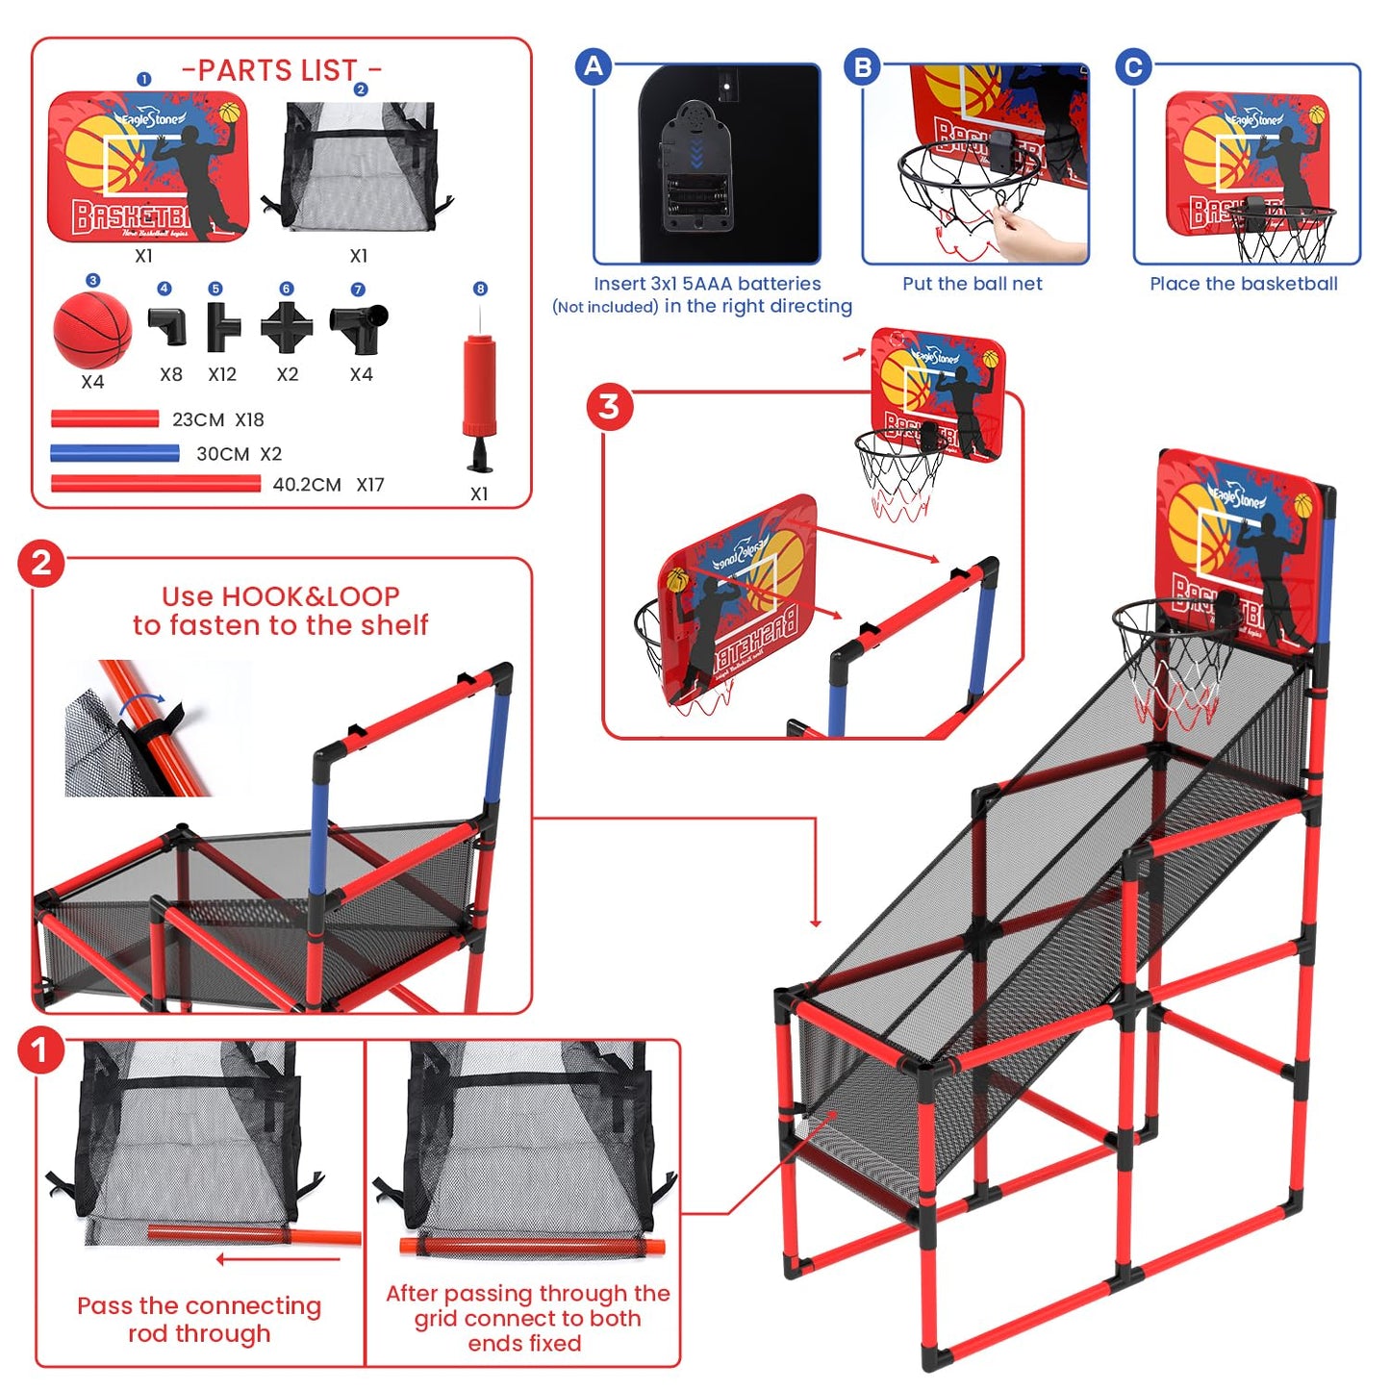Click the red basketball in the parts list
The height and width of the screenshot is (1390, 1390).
(92, 329)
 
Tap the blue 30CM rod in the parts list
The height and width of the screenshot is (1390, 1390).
(114, 453)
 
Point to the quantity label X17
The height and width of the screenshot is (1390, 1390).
(370, 485)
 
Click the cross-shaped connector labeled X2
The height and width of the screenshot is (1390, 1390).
(287, 328)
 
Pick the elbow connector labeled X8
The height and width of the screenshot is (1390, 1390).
(168, 326)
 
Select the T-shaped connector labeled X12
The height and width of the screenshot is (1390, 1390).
(222, 327)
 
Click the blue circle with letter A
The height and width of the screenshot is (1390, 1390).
(594, 66)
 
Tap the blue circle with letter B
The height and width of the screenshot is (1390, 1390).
(863, 66)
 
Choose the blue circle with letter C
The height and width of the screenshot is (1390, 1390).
(1133, 66)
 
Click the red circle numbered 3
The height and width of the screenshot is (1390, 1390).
(609, 407)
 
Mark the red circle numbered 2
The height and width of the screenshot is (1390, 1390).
(40, 563)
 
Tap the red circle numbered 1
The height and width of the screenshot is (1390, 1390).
(40, 1050)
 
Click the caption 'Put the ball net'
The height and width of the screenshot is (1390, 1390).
(972, 284)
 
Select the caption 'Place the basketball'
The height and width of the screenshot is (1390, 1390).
(1243, 284)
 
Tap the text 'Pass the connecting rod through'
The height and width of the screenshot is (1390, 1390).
(199, 1319)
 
